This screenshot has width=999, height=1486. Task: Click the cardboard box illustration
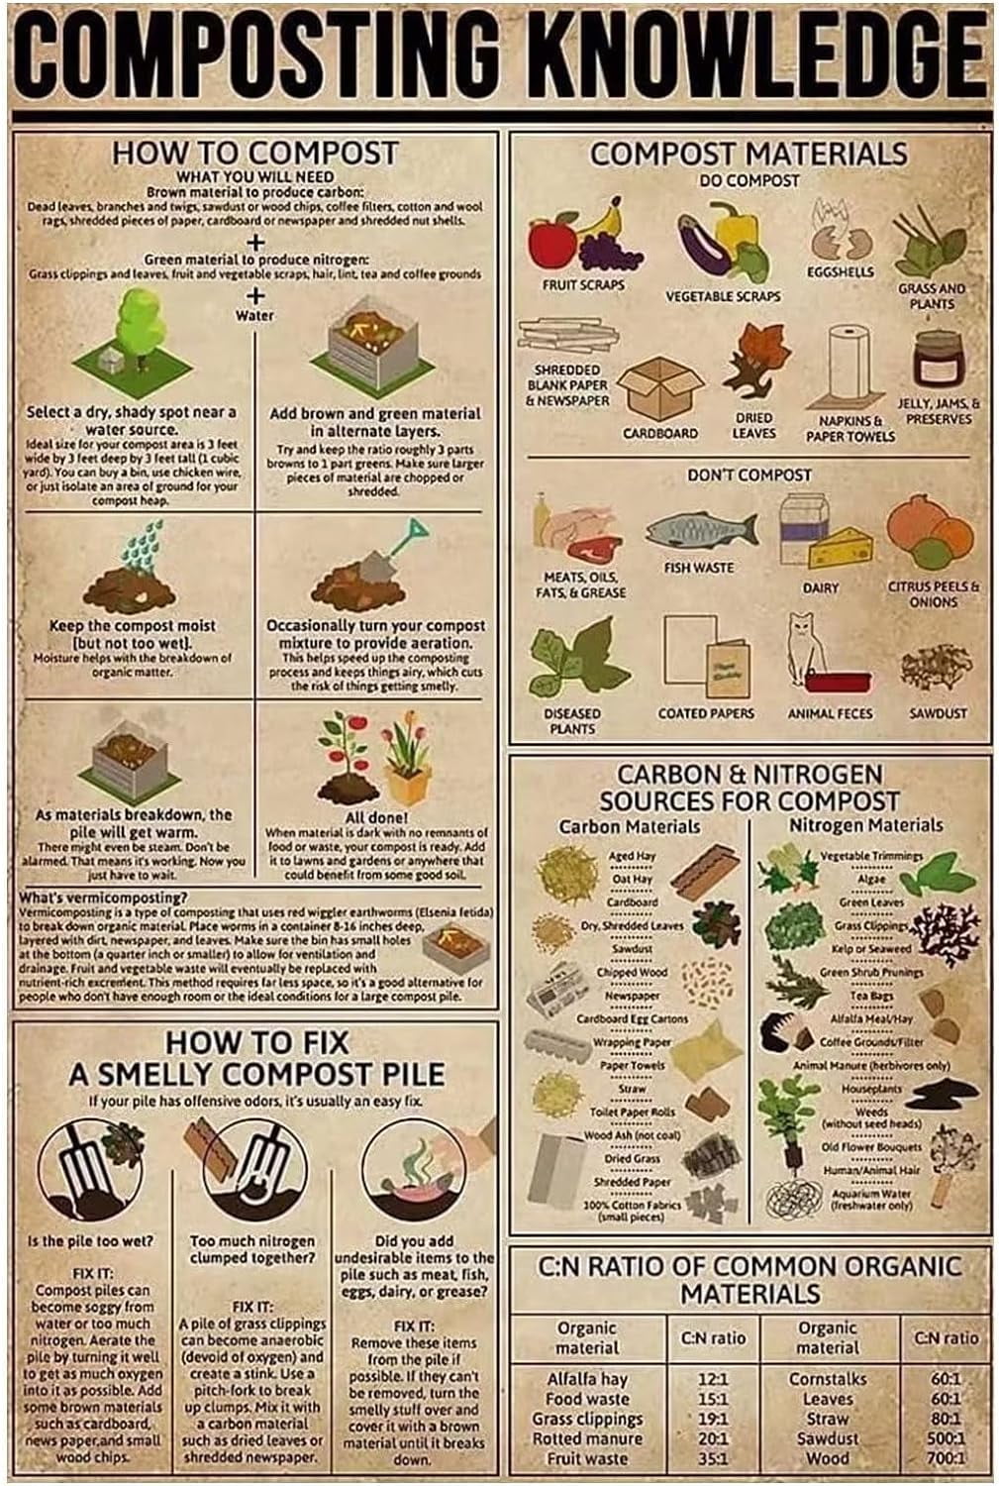click(x=663, y=387)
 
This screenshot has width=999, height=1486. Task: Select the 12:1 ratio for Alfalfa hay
click(x=713, y=1379)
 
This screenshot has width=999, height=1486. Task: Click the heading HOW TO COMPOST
click(x=254, y=154)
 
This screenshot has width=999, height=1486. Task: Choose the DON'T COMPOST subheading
click(x=749, y=476)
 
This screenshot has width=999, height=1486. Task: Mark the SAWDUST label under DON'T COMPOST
click(x=938, y=713)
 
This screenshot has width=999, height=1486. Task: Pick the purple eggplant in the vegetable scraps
click(x=705, y=241)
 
